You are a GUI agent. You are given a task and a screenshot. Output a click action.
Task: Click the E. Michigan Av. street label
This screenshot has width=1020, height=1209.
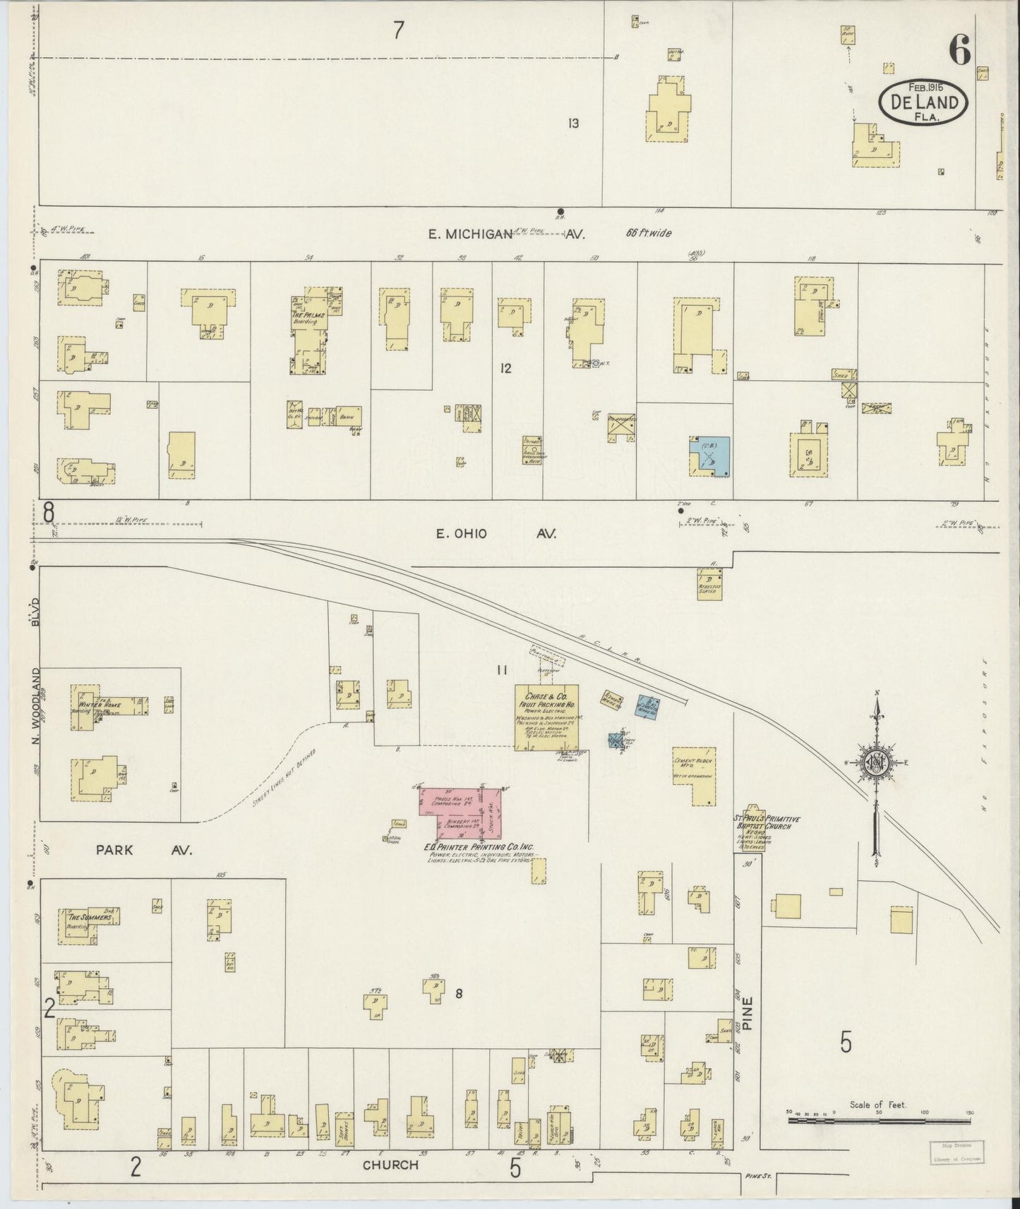click(505, 235)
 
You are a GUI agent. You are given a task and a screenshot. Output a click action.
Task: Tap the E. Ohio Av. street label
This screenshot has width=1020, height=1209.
click(496, 534)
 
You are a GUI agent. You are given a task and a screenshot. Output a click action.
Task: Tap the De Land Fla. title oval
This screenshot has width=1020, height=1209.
click(923, 102)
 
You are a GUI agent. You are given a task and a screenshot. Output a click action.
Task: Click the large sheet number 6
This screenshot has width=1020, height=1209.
click(959, 49)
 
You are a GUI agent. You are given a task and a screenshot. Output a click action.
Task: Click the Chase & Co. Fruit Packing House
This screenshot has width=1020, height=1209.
click(547, 717)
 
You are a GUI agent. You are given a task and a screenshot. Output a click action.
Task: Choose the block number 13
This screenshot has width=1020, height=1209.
click(573, 123)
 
